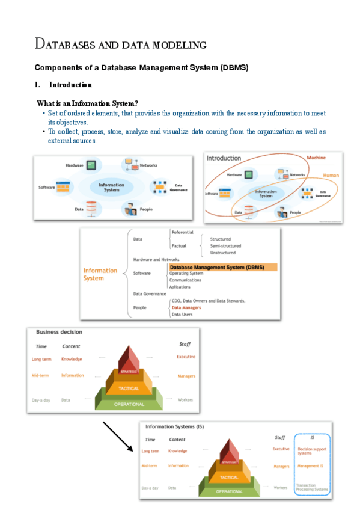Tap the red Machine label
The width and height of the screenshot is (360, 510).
[x=316, y=158]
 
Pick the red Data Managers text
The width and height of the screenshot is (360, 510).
[x=186, y=307]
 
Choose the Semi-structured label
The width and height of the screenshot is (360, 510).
[x=225, y=246]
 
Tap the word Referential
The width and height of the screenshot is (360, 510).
[x=183, y=232]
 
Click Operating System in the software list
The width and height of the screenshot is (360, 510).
[x=186, y=274]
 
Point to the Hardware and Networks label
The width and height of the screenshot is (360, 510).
[x=156, y=259]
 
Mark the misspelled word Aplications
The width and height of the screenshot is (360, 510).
[x=180, y=287]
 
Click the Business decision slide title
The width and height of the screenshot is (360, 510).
[x=59, y=332]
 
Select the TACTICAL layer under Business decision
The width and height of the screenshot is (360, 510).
[x=129, y=389]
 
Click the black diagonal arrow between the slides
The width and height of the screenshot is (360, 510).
[x=117, y=436]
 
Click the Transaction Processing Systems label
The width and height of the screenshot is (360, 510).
[x=312, y=487]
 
